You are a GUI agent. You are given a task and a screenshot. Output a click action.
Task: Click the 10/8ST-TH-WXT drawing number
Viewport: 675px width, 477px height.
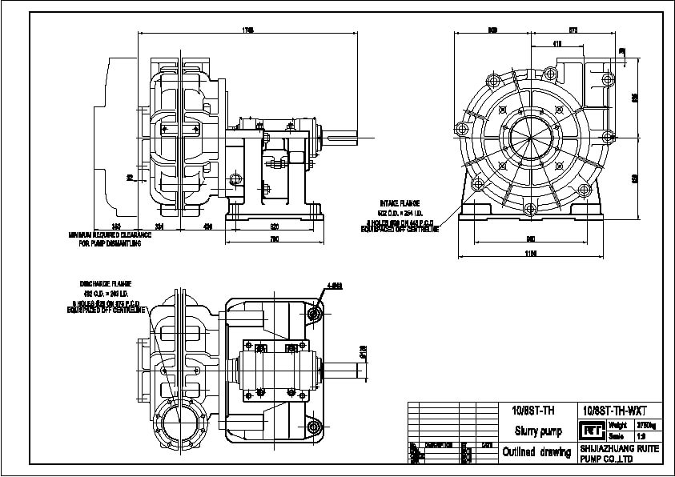(x=608, y=410)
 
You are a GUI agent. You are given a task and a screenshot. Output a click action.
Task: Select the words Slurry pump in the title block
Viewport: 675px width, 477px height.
(x=532, y=431)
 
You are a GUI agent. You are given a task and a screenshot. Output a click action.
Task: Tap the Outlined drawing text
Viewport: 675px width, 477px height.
(x=532, y=452)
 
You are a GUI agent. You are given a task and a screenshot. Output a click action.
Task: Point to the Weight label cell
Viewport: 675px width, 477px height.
(x=617, y=425)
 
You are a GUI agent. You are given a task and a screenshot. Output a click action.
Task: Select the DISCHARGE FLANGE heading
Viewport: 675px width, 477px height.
(x=105, y=284)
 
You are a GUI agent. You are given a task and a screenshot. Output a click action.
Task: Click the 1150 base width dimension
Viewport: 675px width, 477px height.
(x=531, y=254)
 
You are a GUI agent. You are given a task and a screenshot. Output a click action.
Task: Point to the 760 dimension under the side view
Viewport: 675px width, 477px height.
(x=274, y=238)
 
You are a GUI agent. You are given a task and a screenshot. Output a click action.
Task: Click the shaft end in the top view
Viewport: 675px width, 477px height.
(x=351, y=371)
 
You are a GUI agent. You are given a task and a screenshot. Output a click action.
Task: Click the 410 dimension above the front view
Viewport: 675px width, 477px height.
(x=556, y=42)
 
